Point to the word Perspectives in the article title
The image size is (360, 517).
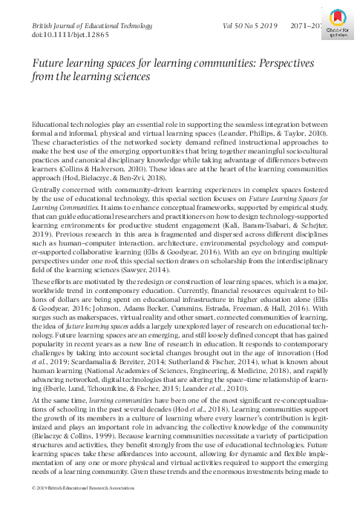click(298, 63)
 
